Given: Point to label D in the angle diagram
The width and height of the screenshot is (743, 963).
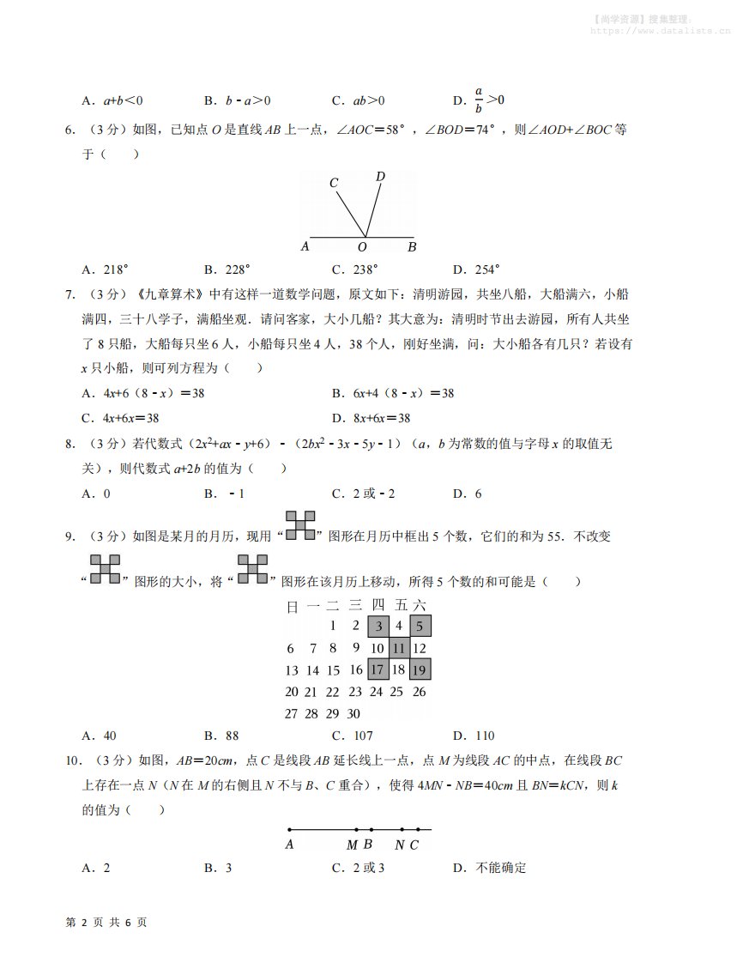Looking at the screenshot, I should pyautogui.click(x=380, y=177).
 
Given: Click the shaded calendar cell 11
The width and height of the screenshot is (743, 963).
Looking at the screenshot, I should pyautogui.click(x=399, y=648).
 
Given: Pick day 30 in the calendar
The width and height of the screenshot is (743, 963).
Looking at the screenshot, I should pyautogui.click(x=353, y=713).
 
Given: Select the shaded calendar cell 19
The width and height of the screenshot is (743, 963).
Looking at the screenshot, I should pyautogui.click(x=420, y=669).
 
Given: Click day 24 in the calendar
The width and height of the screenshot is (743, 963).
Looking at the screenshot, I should pyautogui.click(x=376, y=692).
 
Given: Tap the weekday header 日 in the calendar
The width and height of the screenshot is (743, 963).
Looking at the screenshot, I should pyautogui.click(x=292, y=606).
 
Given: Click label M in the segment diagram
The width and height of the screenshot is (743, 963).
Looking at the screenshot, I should pyautogui.click(x=352, y=845).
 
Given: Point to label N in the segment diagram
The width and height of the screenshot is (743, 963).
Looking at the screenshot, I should pyautogui.click(x=400, y=845).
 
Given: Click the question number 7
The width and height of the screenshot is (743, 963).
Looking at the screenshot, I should pyautogui.click(x=70, y=294).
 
